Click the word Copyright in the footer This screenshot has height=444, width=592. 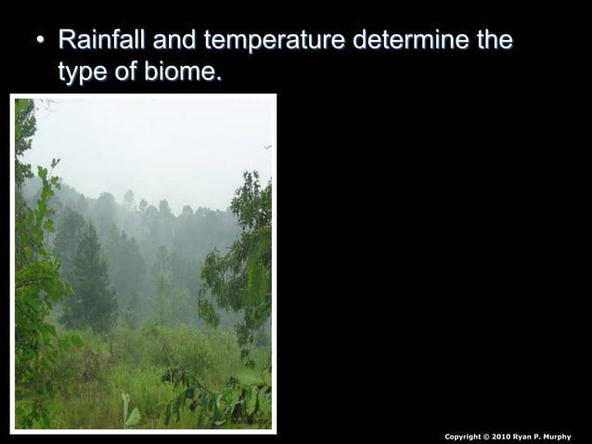463,437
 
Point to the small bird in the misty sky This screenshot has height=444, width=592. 267,147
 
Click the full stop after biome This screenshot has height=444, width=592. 219,77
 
